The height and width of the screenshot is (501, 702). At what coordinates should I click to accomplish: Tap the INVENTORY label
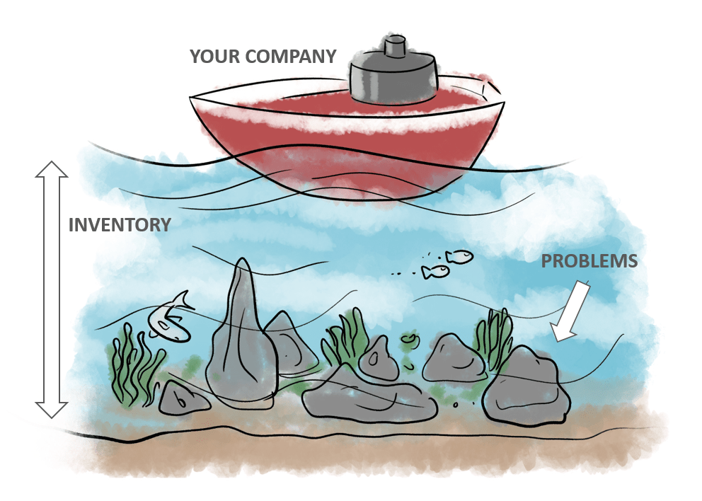point(120,225)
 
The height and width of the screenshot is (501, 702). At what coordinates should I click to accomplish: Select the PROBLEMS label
point(589,261)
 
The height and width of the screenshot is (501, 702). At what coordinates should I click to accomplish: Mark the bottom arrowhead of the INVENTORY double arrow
point(52,408)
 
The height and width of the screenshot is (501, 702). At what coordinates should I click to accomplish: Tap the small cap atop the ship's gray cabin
point(393,49)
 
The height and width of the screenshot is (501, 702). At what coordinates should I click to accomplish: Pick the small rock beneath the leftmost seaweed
point(183,399)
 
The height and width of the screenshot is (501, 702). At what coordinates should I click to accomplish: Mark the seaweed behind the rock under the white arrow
point(495,333)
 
